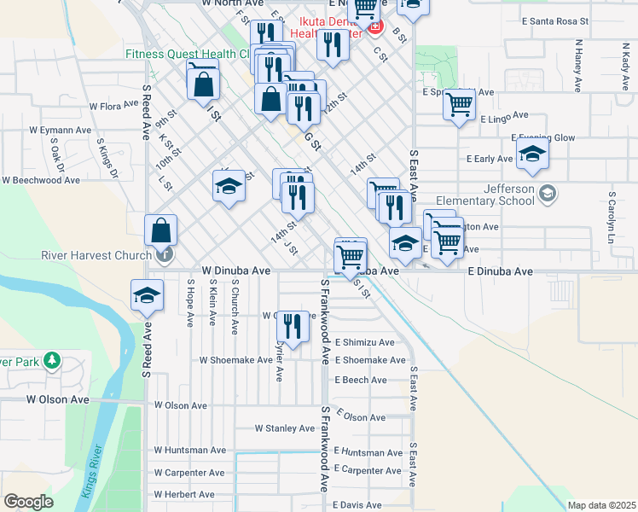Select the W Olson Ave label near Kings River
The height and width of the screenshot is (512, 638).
click(57, 399)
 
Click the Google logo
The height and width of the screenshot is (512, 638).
click(28, 502)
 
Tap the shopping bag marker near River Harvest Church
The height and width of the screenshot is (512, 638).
click(161, 230)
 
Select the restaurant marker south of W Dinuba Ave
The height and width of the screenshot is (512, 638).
click(293, 326)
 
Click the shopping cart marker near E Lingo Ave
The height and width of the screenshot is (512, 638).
click(460, 105)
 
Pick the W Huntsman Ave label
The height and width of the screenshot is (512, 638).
click(189, 450)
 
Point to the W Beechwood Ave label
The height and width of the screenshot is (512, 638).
click(40, 181)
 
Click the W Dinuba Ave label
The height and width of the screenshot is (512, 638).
click(235, 271)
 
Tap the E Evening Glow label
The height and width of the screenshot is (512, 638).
click(543, 137)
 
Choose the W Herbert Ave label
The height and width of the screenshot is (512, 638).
click(184, 494)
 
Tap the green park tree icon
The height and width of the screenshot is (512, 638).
click(52, 361)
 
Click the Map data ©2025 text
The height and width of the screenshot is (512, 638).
click(601, 505)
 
